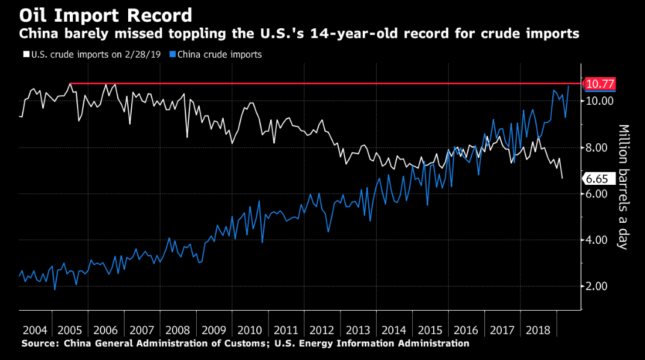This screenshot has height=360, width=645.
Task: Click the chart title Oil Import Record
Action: tap(106, 14)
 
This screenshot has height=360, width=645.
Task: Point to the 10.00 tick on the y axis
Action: tap(599, 101)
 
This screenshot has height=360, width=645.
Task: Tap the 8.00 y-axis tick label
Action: tap(599, 147)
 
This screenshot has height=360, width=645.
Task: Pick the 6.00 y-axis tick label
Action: tap(599, 193)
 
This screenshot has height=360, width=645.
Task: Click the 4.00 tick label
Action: tap(599, 240)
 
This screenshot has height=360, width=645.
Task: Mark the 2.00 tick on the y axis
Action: tap(599, 286)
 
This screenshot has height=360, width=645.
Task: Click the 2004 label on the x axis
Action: tap(35, 331)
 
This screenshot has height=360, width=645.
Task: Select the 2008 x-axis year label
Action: tap(178, 331)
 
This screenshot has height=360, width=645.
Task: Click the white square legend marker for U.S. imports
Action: tap(26, 55)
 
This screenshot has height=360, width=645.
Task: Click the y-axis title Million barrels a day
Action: tap(623, 187)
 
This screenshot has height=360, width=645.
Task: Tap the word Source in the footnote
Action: tap(39, 344)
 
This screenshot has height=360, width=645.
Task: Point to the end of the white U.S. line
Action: tap(563, 178)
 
